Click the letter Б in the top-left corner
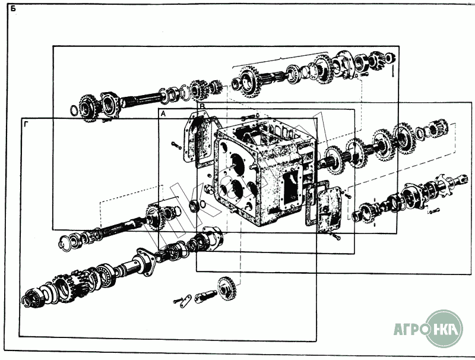[13, 8]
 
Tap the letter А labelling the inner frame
[163, 113]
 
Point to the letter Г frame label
[26, 124]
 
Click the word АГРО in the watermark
[411, 329]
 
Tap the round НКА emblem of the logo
[444, 329]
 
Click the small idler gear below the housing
[227, 288]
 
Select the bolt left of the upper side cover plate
[176, 145]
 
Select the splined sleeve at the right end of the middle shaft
[438, 127]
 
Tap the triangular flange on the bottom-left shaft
[145, 261]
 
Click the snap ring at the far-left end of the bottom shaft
[26, 301]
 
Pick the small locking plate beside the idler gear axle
[186, 301]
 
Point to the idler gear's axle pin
[205, 296]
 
